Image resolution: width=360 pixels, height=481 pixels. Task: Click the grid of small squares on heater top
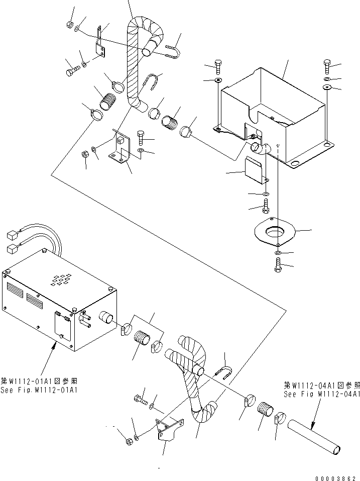point(59,279)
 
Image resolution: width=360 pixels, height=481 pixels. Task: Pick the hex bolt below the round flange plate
point(278,265)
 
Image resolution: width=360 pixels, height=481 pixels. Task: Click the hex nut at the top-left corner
point(70,24)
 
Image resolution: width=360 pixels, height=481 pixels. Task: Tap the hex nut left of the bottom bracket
point(129,440)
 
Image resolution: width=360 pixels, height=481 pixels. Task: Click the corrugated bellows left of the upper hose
point(107,100)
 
